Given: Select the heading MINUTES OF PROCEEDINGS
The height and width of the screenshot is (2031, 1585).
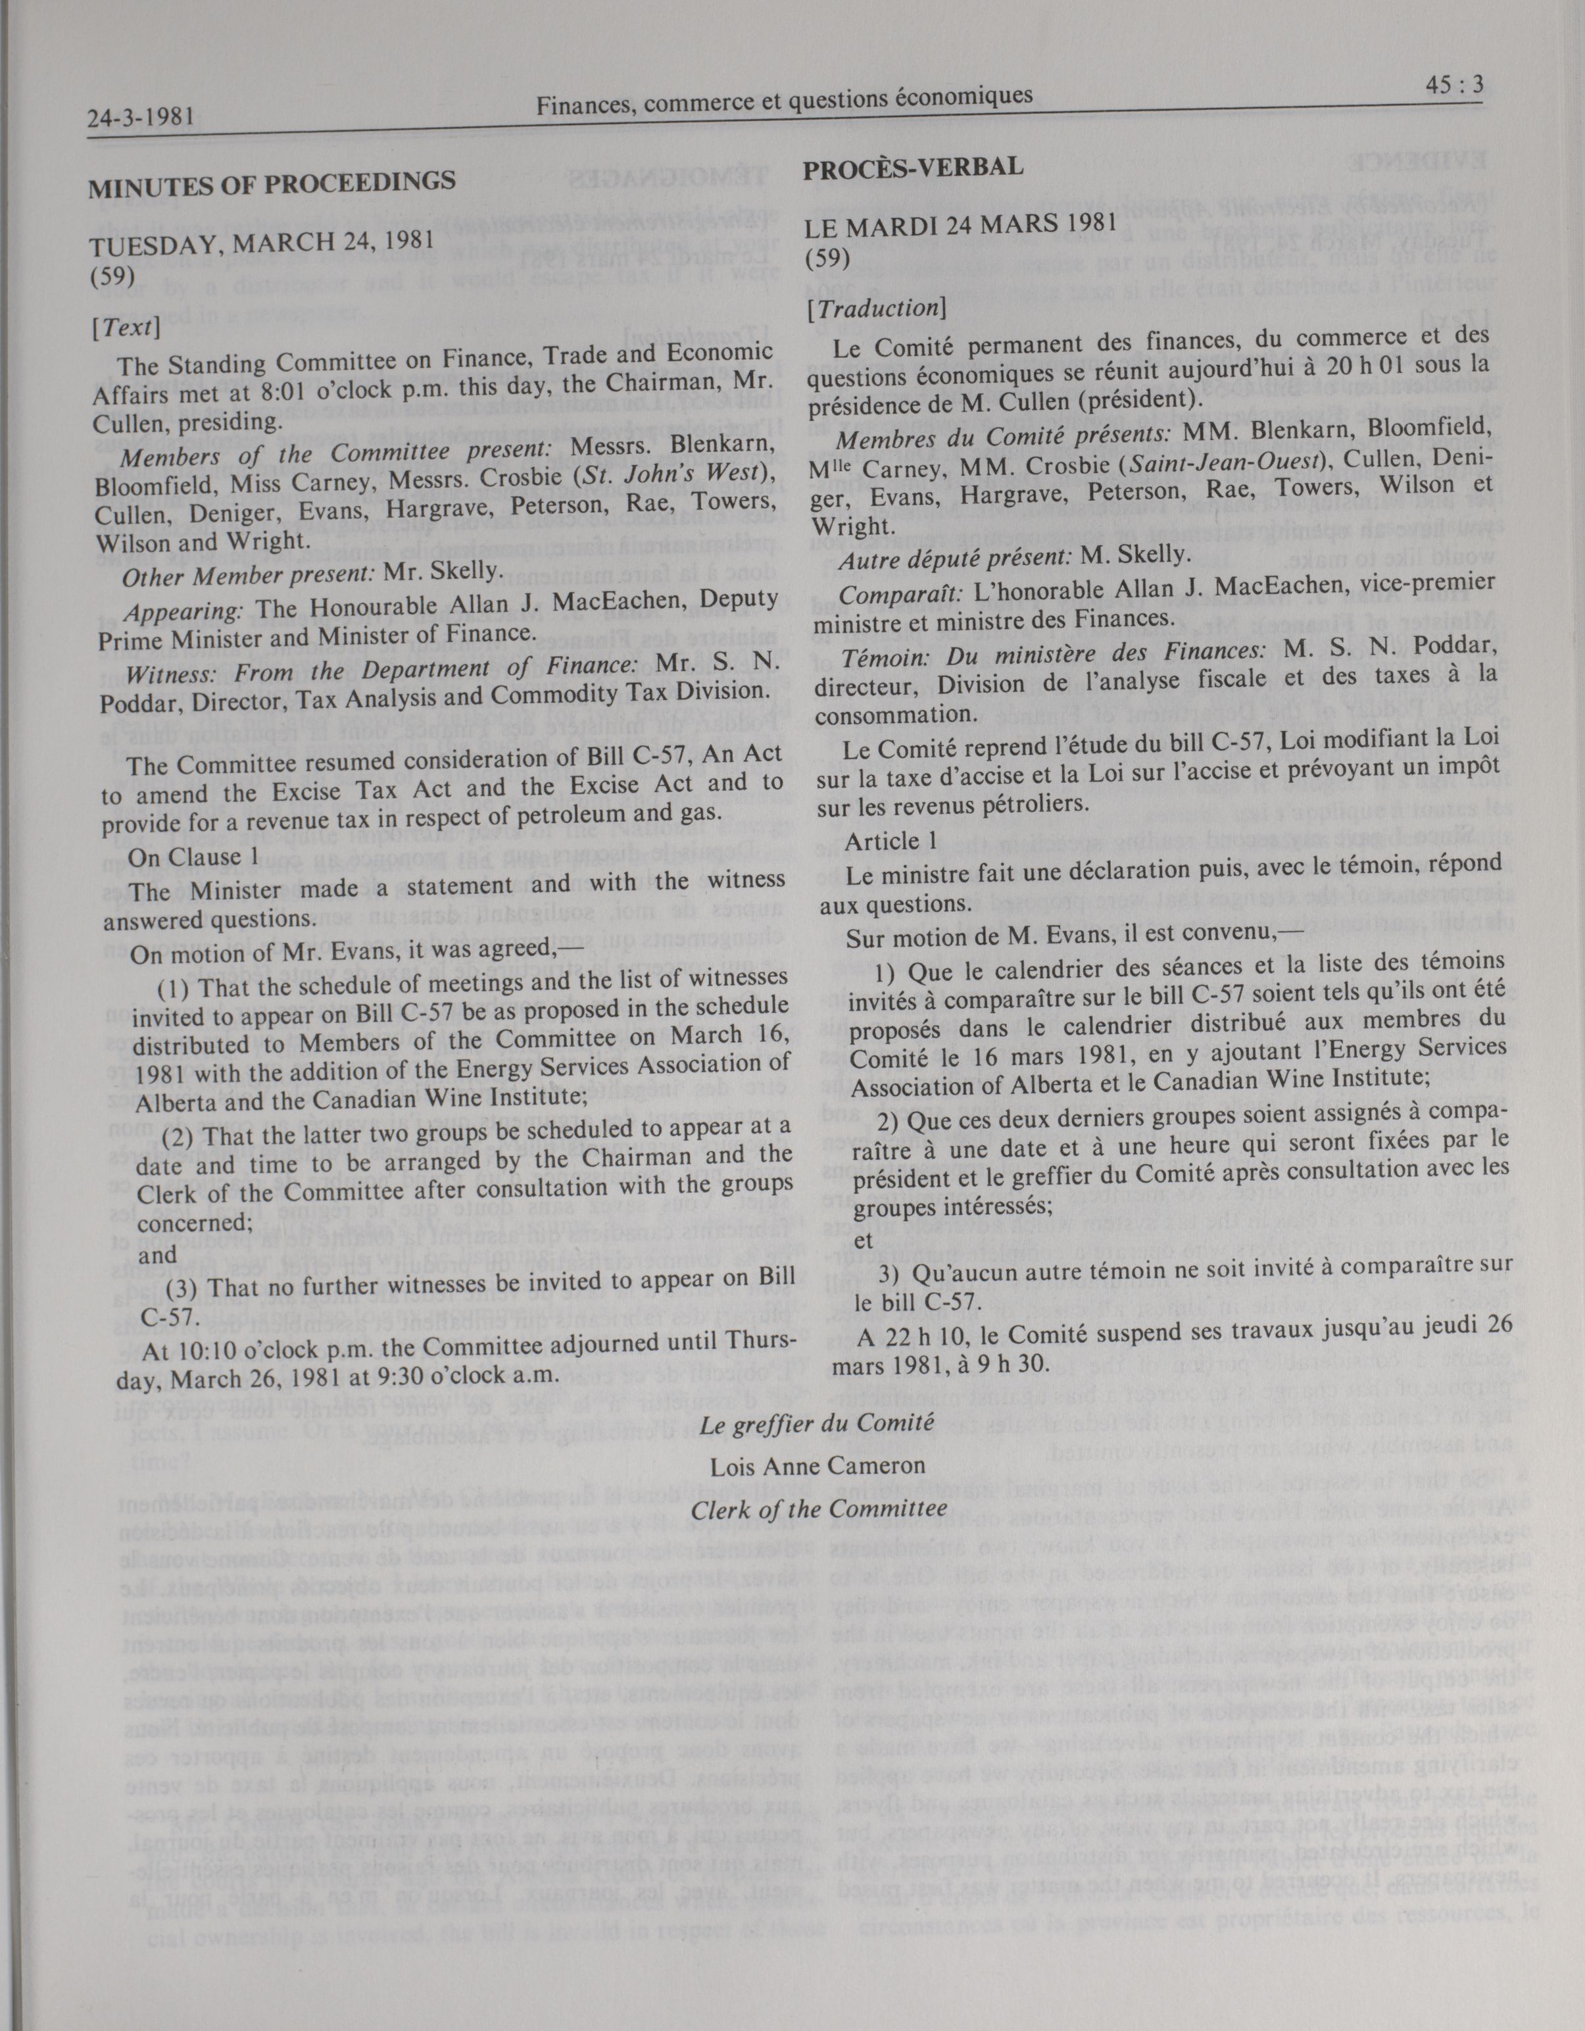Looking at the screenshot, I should click(x=272, y=182).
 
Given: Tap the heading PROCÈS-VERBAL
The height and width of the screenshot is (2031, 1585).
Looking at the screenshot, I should click(x=913, y=167).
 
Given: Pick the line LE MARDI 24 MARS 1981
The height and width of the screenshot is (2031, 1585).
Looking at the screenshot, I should click(x=960, y=224).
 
